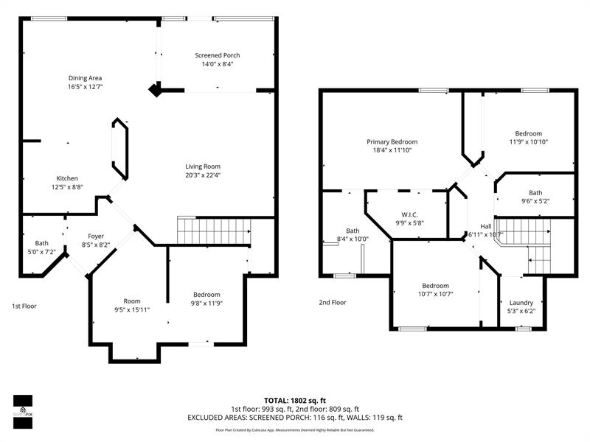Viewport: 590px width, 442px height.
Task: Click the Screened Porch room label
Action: pyautogui.click(x=217, y=55)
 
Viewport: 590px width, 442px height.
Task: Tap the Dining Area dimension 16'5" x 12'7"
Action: pyautogui.click(x=85, y=87)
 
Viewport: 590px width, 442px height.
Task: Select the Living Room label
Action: pyautogui.click(x=202, y=166)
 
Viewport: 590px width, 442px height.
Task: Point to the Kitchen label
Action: pyautogui.click(x=67, y=178)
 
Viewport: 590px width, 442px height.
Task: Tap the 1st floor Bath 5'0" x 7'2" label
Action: pyautogui.click(x=41, y=243)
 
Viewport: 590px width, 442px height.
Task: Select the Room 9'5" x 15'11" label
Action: pyautogui.click(x=131, y=301)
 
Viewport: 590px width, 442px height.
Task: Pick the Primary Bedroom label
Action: pyautogui.click(x=392, y=141)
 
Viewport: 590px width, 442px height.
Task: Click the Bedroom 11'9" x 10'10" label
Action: pyautogui.click(x=528, y=133)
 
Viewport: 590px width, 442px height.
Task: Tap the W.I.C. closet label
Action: pyautogui.click(x=409, y=214)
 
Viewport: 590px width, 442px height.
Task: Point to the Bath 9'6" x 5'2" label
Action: pyautogui.click(x=535, y=192)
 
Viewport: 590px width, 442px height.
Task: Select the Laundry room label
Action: pyautogui.click(x=521, y=302)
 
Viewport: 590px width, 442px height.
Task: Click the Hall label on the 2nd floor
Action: pyautogui.click(x=485, y=226)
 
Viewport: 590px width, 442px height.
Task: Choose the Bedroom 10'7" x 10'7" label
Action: pyautogui.click(x=435, y=286)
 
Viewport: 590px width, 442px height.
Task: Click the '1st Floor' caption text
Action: pyautogui.click(x=24, y=306)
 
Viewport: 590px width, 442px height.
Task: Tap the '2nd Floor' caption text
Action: pyautogui.click(x=333, y=302)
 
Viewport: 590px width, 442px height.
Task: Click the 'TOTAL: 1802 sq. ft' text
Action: pyautogui.click(x=295, y=400)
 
